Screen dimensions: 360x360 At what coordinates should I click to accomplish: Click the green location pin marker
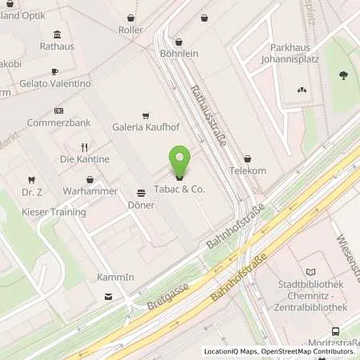coord(179,162)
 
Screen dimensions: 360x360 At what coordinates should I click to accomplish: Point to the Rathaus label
coord(57,46)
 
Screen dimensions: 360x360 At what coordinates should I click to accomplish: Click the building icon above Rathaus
coord(57,34)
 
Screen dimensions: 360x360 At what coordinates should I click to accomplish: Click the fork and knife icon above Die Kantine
coord(84,147)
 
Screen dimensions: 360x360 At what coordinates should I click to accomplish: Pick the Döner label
coord(141,205)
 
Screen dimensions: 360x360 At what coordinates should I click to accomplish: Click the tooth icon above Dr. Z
coord(31,180)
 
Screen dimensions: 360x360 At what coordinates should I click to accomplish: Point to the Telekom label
coord(247,171)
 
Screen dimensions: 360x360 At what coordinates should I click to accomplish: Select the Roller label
coord(130,30)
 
